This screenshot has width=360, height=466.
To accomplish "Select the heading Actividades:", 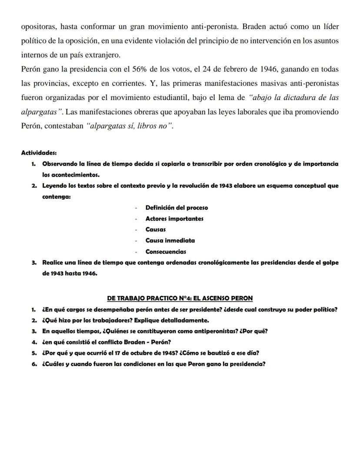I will [x=39, y=153].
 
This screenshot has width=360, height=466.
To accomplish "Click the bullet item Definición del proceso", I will [x=177, y=208].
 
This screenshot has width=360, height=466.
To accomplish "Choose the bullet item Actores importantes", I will [x=174, y=218].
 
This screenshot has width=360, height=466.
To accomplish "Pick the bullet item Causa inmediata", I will [x=170, y=240].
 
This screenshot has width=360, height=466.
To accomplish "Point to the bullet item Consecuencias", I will [x=166, y=251].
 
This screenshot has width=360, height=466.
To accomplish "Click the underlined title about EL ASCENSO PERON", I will [x=180, y=298].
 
